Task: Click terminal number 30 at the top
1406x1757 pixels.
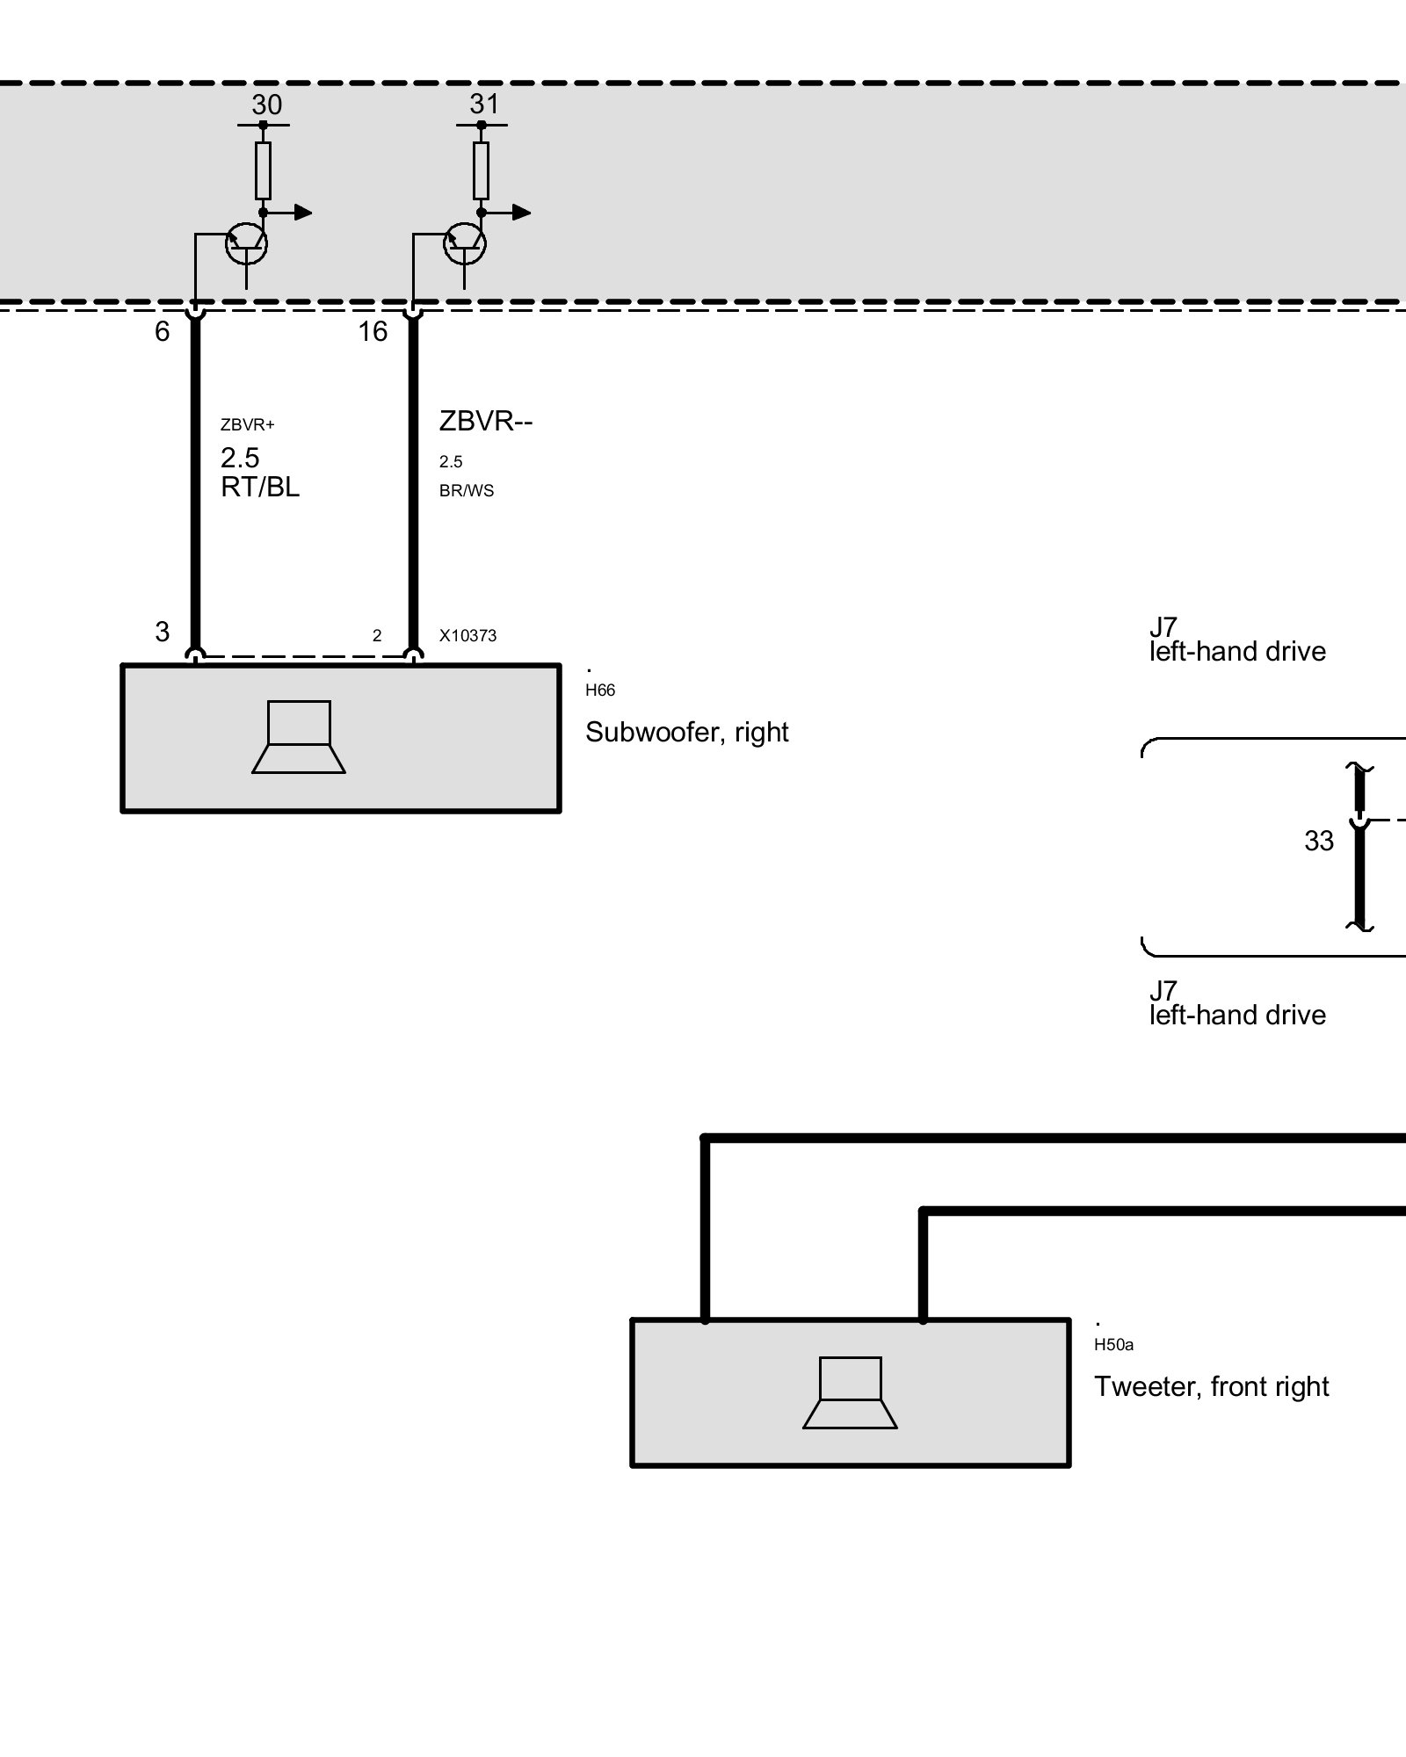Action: click(267, 105)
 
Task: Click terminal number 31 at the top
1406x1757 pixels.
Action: click(484, 105)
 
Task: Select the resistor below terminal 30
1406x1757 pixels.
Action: click(263, 170)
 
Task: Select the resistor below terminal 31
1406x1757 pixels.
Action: click(481, 170)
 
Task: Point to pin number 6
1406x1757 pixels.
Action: click(163, 332)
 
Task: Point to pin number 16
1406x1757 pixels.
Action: click(373, 332)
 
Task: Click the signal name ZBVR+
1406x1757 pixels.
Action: click(248, 425)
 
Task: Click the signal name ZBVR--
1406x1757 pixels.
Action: click(486, 422)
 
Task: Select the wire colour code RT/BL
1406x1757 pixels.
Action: click(260, 488)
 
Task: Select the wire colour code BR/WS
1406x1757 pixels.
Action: click(467, 491)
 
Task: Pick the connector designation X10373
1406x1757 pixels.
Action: click(468, 636)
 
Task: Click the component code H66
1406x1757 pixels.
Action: click(600, 691)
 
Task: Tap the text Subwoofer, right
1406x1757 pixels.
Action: click(687, 733)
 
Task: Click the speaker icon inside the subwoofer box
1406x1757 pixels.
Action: click(299, 737)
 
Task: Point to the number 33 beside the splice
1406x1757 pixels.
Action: click(1319, 842)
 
